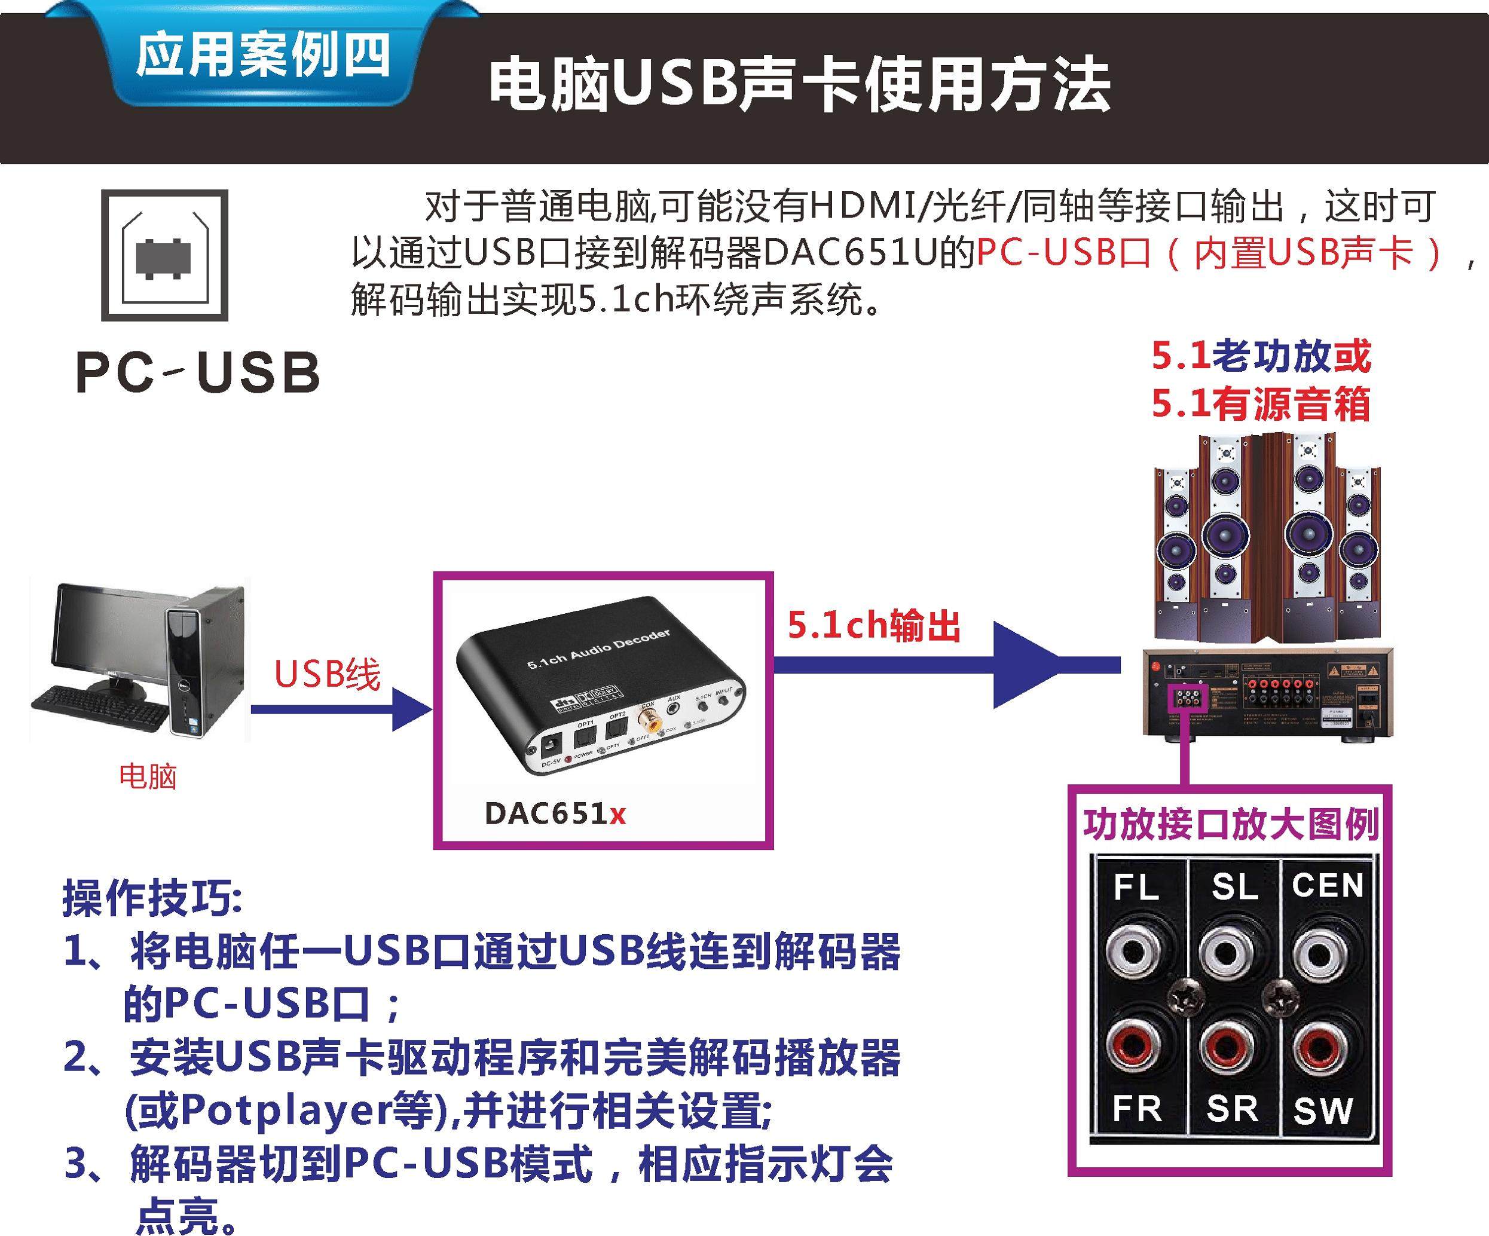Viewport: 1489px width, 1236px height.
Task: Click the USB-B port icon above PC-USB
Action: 164,255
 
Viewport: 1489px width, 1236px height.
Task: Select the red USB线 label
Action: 327,674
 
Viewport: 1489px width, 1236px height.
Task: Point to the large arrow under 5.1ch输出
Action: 1021,665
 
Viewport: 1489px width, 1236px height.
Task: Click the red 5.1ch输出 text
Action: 873,625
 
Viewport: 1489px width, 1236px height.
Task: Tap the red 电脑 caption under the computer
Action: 148,776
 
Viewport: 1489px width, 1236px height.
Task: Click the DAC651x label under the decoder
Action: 555,814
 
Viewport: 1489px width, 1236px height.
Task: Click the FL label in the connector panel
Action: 1136,887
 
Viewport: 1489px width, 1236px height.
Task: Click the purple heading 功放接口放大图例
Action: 1231,824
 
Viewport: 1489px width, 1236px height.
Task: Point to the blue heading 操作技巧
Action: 152,898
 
